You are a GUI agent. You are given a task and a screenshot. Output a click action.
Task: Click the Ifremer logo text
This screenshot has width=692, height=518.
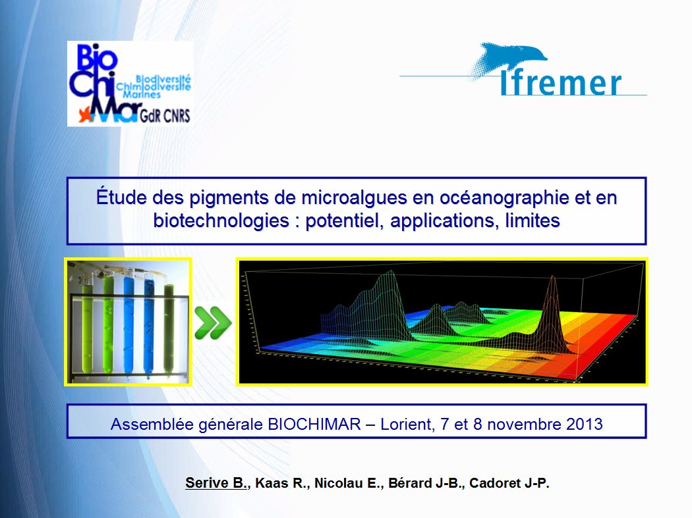pos(560,82)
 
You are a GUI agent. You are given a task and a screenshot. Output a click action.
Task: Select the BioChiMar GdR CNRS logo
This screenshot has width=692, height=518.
pos(130,84)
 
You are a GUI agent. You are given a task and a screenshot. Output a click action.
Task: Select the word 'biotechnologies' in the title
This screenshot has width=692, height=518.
pos(221,220)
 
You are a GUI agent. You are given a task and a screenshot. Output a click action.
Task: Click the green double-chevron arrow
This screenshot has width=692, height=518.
pos(213,323)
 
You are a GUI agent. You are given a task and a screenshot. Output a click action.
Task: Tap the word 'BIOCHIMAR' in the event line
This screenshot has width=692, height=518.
pos(314,424)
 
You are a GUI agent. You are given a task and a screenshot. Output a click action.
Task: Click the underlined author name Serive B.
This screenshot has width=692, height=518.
pos(216,483)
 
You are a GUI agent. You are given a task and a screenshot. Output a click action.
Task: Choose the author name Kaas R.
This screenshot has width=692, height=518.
pos(281,483)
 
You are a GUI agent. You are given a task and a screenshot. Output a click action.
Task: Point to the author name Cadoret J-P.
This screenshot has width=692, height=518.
pos(509,483)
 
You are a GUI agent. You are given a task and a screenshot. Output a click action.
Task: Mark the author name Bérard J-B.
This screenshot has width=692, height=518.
pos(425,483)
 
